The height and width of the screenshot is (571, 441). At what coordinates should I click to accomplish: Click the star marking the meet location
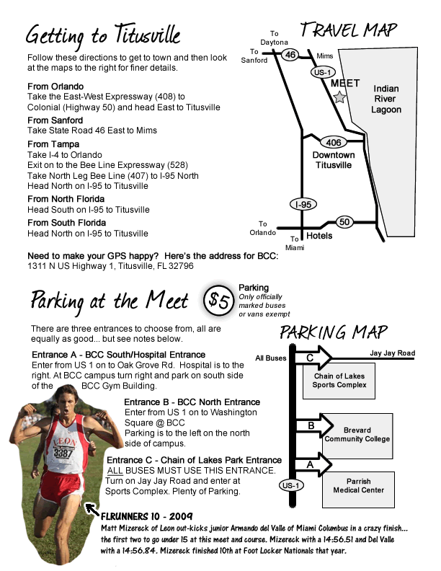(x=339, y=97)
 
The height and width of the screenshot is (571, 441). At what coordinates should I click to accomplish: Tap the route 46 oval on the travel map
(x=290, y=55)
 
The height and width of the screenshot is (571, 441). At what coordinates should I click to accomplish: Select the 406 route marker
(x=334, y=142)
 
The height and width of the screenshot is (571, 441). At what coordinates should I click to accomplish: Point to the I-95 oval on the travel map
(x=303, y=204)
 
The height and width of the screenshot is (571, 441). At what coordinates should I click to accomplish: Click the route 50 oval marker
(x=344, y=222)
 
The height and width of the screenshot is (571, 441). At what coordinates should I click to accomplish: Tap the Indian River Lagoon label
(x=386, y=99)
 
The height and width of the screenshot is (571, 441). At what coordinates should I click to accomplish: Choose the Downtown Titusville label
(x=334, y=160)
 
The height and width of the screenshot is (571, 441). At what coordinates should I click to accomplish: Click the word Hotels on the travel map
(x=319, y=236)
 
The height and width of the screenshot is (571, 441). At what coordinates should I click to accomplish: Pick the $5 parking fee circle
(x=218, y=301)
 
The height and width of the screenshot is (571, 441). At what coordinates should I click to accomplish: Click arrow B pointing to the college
(x=314, y=425)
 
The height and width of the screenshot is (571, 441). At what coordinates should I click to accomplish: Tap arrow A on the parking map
(x=313, y=464)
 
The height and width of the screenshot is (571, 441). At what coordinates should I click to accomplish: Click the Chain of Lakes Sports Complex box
(x=339, y=381)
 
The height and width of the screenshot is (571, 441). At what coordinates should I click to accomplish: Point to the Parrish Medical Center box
(x=358, y=490)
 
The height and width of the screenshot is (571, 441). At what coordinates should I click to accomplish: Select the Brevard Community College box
(x=357, y=436)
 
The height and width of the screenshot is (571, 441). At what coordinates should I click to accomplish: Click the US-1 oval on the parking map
(x=290, y=485)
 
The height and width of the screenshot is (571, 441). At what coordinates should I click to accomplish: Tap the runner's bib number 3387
(x=63, y=453)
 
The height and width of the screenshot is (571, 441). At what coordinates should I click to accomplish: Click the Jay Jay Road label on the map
(x=392, y=353)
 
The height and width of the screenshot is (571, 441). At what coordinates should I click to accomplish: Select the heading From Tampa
(x=53, y=144)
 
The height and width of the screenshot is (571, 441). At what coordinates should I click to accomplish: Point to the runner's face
(x=66, y=401)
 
